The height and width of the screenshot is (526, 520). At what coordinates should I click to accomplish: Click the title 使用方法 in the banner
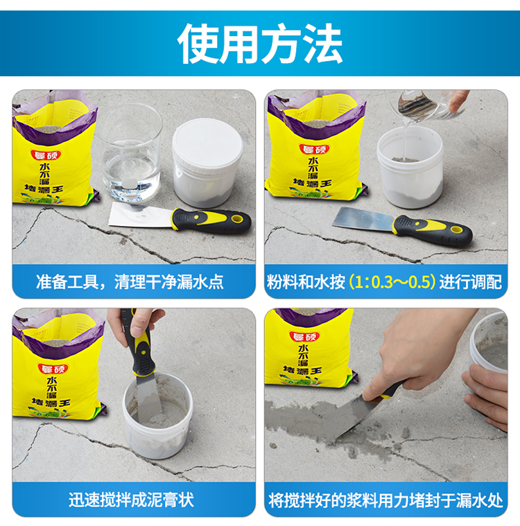tap(260, 44)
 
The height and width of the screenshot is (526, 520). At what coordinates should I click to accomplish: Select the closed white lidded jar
tap(207, 163)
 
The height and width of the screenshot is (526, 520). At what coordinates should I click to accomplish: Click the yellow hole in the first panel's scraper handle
tap(237, 219)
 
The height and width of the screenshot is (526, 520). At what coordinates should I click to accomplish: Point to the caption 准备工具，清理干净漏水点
tap(130, 282)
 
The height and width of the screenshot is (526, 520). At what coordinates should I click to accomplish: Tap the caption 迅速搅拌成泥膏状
tap(131, 500)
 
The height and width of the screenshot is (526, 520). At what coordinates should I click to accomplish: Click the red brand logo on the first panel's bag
tap(46, 155)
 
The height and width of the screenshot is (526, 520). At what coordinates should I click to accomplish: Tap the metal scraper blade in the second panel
tap(363, 219)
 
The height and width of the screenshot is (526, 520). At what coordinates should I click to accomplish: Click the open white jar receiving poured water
tap(410, 167)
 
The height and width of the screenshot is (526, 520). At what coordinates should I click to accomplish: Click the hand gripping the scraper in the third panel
tap(138, 322)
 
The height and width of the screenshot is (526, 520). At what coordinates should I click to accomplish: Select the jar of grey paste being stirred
tap(158, 416)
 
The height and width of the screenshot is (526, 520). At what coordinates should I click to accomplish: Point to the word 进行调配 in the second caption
tap(471, 282)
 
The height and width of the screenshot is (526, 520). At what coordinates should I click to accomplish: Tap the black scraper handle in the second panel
tap(433, 231)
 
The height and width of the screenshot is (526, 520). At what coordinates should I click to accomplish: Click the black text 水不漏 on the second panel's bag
tap(313, 168)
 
